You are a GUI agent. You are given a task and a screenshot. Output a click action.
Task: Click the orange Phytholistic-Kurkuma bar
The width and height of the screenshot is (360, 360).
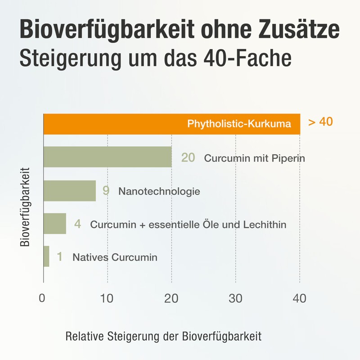[x=171, y=124]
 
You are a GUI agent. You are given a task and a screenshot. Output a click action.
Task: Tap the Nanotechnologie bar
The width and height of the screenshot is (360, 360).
[x=69, y=191]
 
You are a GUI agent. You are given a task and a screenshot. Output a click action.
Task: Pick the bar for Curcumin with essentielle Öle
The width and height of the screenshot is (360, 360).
[x=54, y=224]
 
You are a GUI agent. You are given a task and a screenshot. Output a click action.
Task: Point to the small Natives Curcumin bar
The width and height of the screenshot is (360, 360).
[x=46, y=256]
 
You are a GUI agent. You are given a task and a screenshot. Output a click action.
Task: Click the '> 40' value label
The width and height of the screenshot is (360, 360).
[x=320, y=122]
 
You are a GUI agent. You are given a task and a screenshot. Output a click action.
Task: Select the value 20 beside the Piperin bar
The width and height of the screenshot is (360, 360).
[x=188, y=157]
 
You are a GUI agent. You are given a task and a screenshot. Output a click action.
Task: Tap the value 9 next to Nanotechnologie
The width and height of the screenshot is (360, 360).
[x=106, y=191]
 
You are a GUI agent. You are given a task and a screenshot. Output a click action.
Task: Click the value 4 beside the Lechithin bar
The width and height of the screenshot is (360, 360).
[x=77, y=224]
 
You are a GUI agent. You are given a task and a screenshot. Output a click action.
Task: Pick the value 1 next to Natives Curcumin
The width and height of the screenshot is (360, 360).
[x=59, y=257]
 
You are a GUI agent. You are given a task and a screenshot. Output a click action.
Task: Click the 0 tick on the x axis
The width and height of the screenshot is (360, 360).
[x=42, y=298]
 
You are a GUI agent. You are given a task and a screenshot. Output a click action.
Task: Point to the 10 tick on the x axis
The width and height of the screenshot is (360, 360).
[x=107, y=298]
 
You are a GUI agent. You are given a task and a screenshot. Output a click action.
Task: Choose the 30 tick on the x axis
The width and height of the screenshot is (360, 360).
[x=235, y=298]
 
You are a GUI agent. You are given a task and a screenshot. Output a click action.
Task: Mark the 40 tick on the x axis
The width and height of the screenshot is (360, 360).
[x=299, y=298]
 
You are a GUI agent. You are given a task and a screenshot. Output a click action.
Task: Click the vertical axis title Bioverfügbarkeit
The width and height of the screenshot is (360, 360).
[x=26, y=207]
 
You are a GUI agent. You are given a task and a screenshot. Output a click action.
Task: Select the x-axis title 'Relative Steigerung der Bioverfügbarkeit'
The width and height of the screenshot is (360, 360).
[x=163, y=336]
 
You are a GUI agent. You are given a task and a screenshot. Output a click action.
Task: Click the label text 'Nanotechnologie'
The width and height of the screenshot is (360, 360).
[x=159, y=191]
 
